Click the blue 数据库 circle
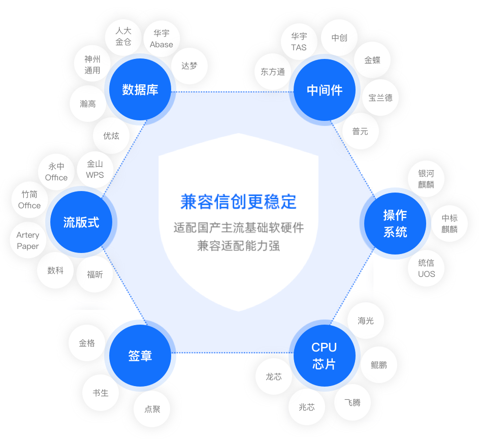point(140,89)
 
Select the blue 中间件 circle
point(325,90)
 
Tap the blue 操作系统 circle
point(395,224)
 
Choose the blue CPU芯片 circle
point(325,355)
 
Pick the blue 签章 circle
point(140,355)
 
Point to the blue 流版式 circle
point(81,222)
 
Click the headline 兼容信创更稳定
point(239,202)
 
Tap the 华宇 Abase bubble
point(162,39)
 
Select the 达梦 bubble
point(189,66)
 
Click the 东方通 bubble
point(273,72)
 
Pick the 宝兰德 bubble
point(380,98)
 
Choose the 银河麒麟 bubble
point(426,179)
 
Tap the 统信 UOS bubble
point(426,268)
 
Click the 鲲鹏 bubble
point(379,365)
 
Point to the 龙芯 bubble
point(274,376)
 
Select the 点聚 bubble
point(152,409)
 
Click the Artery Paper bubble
point(28,240)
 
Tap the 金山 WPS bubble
point(95,170)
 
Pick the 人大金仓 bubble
point(123,37)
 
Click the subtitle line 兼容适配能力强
point(239,246)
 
